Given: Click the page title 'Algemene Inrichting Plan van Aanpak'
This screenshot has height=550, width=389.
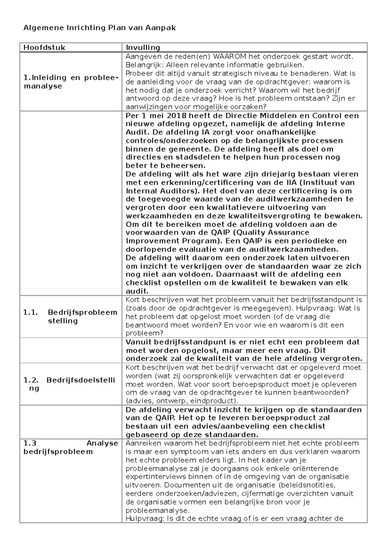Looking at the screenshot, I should [x=100, y=28].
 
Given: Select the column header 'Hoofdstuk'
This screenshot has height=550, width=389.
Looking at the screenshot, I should [x=44, y=48].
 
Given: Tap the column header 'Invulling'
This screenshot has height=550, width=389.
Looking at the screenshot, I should [x=143, y=48].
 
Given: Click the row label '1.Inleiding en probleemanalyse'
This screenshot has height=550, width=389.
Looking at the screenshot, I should [x=70, y=82].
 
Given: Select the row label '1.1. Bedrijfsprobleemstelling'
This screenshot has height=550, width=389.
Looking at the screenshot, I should [x=70, y=316].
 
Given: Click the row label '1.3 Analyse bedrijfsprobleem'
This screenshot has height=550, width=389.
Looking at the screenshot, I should [x=70, y=447].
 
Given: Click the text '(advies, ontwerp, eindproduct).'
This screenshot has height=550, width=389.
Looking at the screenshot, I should [x=180, y=401].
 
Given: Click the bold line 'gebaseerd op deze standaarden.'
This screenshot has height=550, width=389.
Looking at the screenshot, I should [x=192, y=435].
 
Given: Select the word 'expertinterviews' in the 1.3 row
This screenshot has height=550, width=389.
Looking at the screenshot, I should [x=151, y=477].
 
